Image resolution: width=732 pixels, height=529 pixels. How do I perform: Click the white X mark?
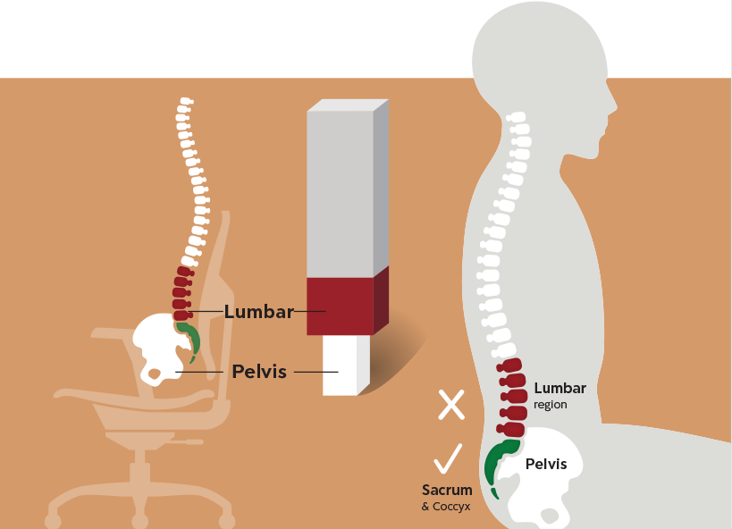click(451, 405)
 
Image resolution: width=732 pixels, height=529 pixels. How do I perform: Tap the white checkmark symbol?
click(447, 459)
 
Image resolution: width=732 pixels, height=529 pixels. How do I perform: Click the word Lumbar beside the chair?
click(259, 312)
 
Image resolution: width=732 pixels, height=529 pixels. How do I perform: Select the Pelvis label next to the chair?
click(259, 371)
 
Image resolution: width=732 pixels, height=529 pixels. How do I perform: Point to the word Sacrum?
click(447, 490)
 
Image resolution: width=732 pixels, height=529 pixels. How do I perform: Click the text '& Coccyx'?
click(445, 507)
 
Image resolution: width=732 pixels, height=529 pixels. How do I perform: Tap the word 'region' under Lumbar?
click(551, 405)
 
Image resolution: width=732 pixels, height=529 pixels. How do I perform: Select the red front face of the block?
click(339, 306)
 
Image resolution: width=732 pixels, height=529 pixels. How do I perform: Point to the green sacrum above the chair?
click(189, 338)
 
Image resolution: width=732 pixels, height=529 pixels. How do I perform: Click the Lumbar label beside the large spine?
click(560, 388)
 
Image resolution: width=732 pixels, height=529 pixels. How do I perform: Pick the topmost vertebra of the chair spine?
click(184, 102)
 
